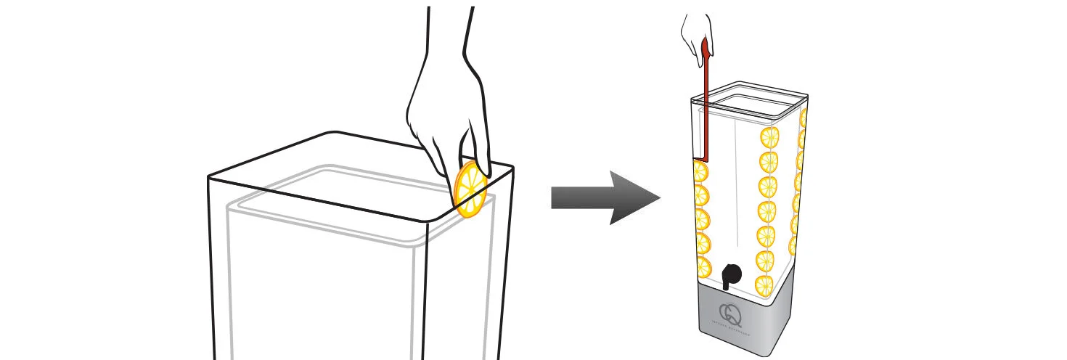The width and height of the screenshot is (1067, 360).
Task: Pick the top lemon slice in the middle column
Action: click(x=769, y=136)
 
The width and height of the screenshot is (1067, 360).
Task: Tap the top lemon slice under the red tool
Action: click(x=700, y=172)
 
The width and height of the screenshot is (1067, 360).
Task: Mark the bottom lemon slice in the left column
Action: click(x=703, y=266)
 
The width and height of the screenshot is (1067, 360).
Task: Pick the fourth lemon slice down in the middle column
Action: click(x=767, y=210)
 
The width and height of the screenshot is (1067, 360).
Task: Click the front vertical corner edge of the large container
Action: click(x=427, y=290)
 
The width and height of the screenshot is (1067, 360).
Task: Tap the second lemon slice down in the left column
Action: click(x=701, y=195)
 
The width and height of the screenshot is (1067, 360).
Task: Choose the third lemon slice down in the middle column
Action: click(x=768, y=186)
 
